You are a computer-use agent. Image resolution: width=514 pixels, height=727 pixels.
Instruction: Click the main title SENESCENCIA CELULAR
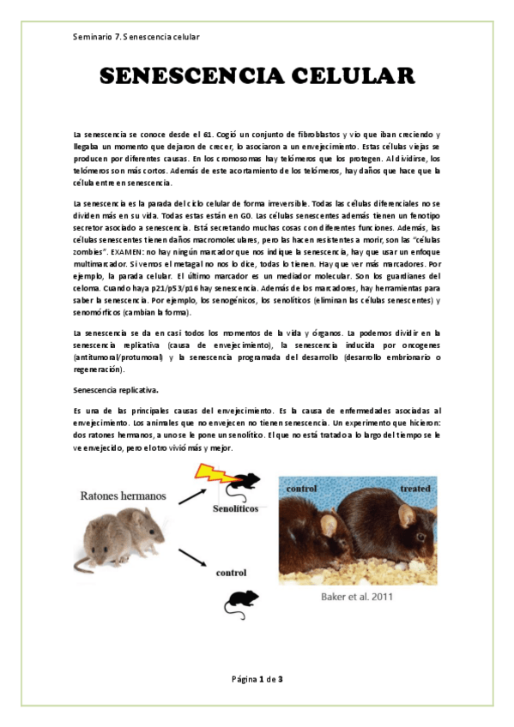pyautogui.click(x=257, y=77)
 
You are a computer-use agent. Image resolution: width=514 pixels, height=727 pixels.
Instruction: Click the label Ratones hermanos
pyautogui.click(x=124, y=496)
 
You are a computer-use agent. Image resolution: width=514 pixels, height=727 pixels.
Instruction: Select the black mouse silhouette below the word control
pyautogui.click(x=241, y=604)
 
